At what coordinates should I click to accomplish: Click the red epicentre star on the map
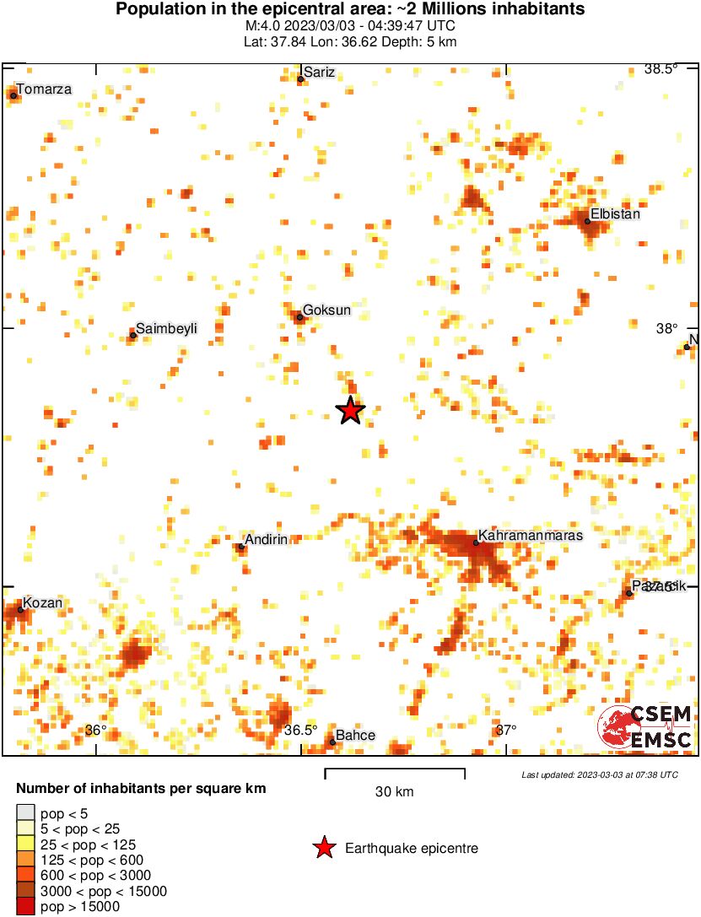tap(350, 411)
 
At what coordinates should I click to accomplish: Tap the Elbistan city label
tap(615, 214)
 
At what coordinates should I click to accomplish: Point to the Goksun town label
tap(327, 310)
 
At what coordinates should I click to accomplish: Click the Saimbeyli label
tap(166, 328)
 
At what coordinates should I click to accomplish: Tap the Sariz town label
tap(320, 73)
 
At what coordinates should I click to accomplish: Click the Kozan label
tap(43, 603)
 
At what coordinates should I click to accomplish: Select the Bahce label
tap(355, 736)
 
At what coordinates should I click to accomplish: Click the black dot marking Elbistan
tap(587, 222)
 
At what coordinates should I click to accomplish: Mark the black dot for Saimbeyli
tap(133, 336)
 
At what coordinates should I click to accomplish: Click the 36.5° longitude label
tap(301, 730)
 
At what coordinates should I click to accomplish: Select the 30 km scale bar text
tap(394, 791)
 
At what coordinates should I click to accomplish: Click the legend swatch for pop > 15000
tap(25, 907)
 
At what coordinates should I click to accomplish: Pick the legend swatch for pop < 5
tap(25, 814)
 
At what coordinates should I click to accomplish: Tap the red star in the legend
tap(323, 848)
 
